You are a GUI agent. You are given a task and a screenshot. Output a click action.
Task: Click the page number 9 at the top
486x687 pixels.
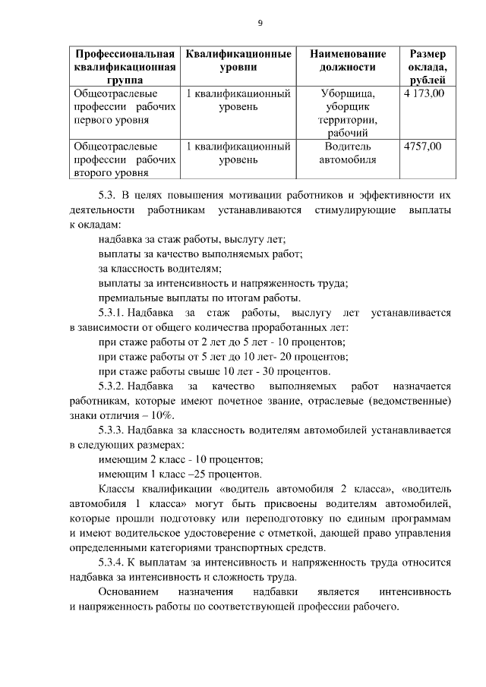click(x=260, y=23)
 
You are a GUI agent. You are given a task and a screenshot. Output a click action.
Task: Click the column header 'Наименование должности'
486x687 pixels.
click(x=348, y=61)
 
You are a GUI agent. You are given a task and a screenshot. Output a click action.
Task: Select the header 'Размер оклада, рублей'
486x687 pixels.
click(x=428, y=68)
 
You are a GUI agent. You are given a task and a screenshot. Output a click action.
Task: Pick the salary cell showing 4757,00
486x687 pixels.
click(x=423, y=147)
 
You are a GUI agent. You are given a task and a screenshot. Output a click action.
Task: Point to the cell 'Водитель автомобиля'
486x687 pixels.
click(x=348, y=153)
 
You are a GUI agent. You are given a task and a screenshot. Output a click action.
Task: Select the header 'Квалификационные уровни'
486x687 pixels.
click(x=239, y=61)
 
